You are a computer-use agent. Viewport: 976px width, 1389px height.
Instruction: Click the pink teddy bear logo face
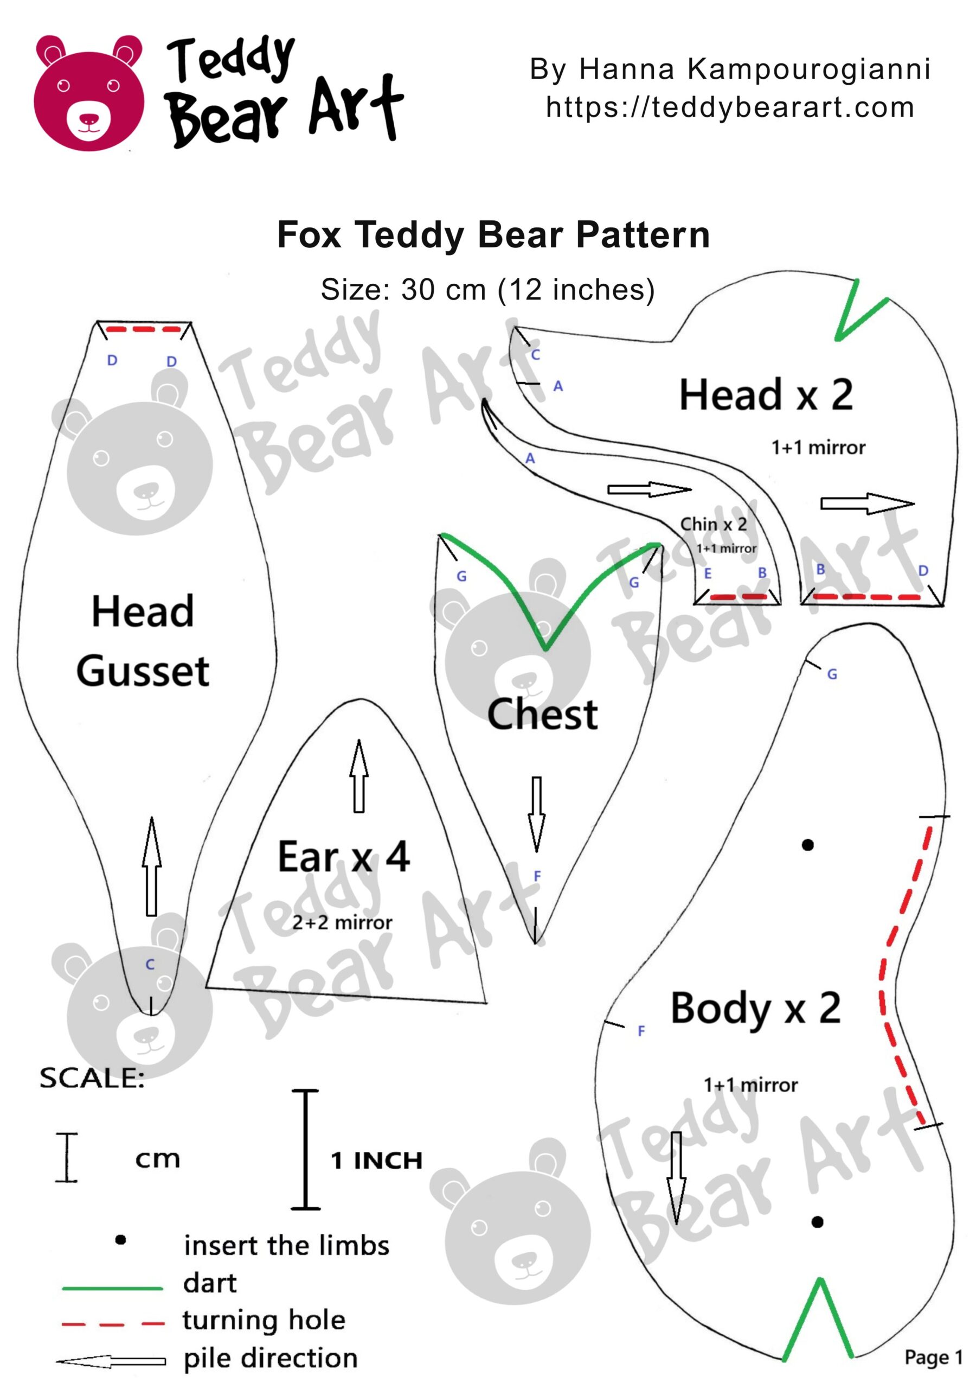tap(89, 94)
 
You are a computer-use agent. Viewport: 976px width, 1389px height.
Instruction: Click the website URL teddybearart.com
tap(729, 107)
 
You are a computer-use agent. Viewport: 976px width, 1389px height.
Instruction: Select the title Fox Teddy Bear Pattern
tap(493, 235)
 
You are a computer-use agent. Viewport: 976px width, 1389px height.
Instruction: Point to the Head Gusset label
tap(143, 641)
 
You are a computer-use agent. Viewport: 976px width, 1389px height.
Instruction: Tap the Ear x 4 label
tap(343, 857)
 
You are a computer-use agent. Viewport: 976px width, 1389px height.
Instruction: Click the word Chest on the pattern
tap(542, 715)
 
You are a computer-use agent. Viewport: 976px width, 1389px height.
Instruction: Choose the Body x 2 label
tap(755, 1009)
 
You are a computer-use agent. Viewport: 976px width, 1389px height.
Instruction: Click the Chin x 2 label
tap(713, 524)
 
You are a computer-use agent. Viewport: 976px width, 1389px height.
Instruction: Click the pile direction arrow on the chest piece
tap(536, 814)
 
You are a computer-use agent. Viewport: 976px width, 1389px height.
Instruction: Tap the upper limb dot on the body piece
tap(807, 845)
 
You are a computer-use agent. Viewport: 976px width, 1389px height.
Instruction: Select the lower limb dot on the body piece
tap(817, 1222)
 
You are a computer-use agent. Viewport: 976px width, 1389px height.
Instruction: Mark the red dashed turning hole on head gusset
tap(144, 330)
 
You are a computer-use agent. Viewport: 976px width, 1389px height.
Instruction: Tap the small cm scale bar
tap(67, 1157)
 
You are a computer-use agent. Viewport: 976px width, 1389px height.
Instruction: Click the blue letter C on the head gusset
tap(150, 964)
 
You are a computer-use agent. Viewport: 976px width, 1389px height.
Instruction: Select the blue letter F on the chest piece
tap(537, 875)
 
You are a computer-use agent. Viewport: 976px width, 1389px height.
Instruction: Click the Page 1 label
tap(933, 1357)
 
